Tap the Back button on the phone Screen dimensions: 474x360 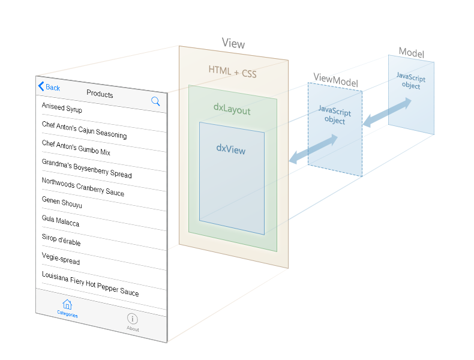tap(49, 87)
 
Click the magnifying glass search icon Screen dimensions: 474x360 tap(155, 101)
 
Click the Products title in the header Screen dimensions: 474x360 tap(100, 94)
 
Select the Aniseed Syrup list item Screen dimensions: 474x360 tap(62, 107)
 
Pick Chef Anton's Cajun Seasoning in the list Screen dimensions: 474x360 tap(85, 130)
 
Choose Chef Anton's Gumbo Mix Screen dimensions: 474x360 tap(76, 148)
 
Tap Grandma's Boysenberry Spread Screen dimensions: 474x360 tap(87, 169)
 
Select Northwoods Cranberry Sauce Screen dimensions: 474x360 tap(83, 187)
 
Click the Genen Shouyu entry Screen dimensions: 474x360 tap(62, 202)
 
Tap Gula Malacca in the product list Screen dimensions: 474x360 tap(61, 221)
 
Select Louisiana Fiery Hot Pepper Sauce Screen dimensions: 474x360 tap(91, 284)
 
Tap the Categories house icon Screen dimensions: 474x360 tap(67, 304)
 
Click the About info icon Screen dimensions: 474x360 tap(133, 319)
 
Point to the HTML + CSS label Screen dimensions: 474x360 tap(232, 72)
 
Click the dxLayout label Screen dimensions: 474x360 tap(232, 109)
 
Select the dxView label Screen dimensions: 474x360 tap(231, 149)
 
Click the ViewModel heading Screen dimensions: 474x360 tap(335, 80)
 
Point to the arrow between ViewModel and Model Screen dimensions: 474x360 tap(387, 112)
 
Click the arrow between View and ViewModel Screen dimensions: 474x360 tap(313, 149)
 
